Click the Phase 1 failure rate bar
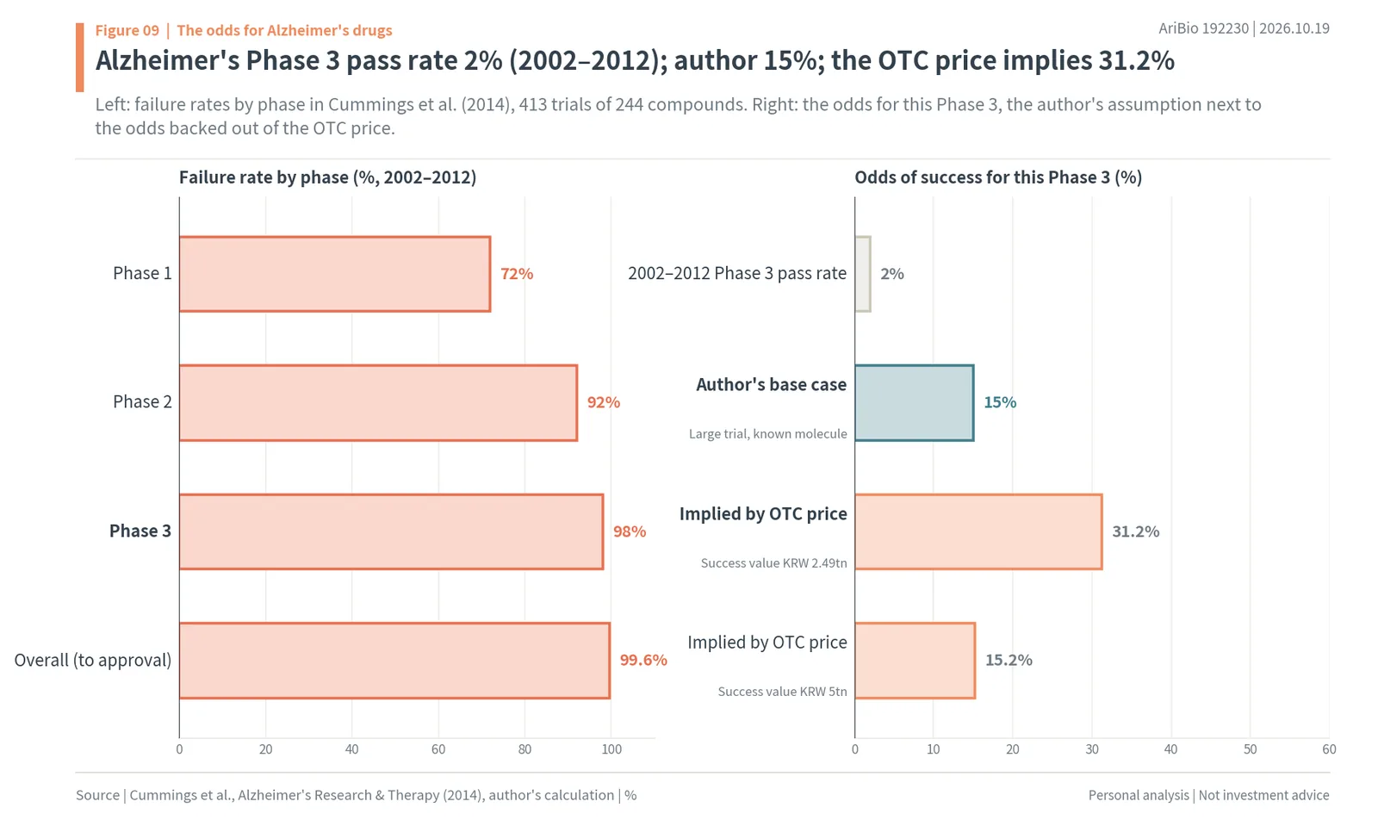coord(335,274)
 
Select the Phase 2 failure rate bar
coord(378,403)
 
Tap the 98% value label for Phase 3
coord(630,531)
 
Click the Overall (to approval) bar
coord(394,661)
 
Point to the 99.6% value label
coord(643,660)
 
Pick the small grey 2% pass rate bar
coord(862,274)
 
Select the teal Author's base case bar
coord(914,403)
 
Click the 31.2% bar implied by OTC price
coord(978,531)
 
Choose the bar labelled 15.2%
coord(915,661)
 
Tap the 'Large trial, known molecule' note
coord(767,433)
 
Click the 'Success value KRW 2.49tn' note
coord(774,562)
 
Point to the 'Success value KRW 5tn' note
coord(783,692)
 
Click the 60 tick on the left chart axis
coord(438,749)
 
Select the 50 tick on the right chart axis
coord(1250,749)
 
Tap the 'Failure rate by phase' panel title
coord(328,177)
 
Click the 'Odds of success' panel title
coord(998,177)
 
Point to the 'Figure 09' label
coord(127,30)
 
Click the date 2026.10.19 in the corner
coord(1294,28)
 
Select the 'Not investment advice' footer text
coord(1263,795)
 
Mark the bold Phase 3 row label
coord(140,531)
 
